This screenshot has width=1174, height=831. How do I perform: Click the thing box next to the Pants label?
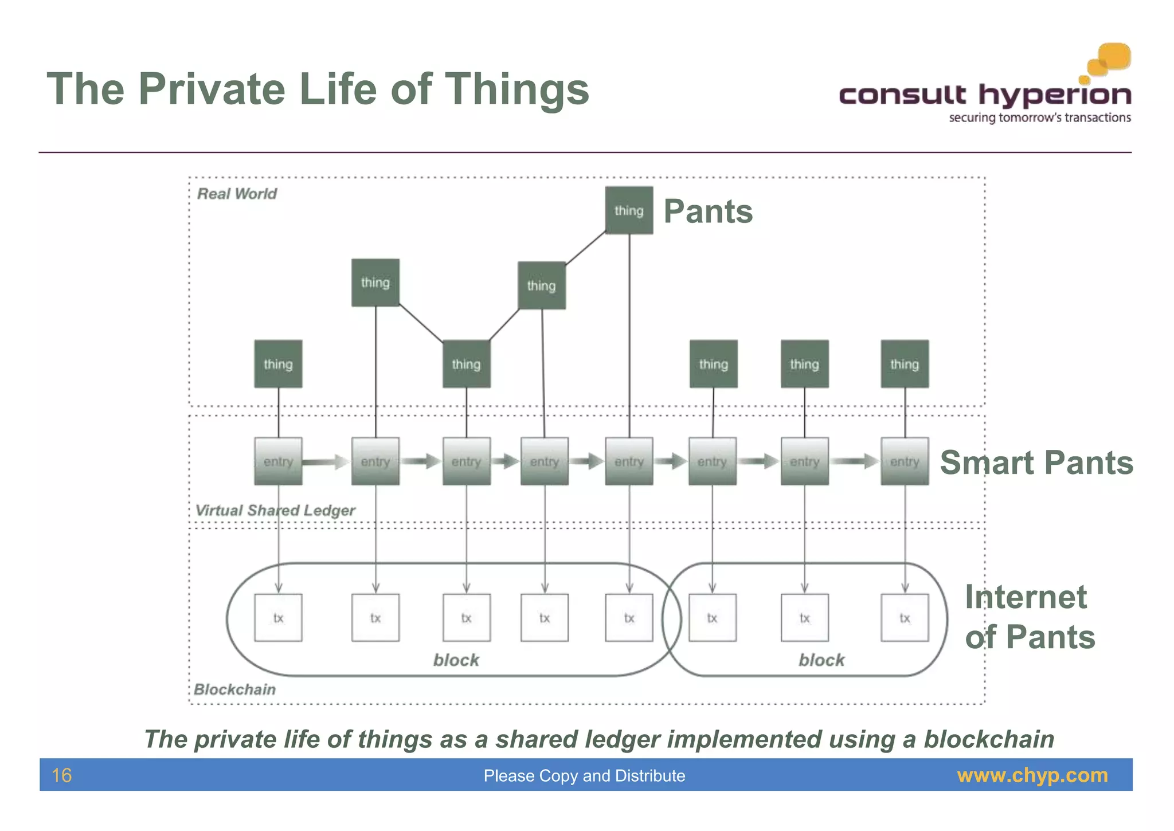[x=629, y=210]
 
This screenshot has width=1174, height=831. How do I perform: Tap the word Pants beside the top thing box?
[x=708, y=211]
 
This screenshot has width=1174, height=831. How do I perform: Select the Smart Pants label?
[x=1036, y=462]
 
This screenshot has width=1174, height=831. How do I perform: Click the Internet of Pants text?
[x=1030, y=617]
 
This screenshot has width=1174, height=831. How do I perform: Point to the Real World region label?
[x=237, y=194]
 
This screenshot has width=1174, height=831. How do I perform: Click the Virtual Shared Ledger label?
[x=275, y=510]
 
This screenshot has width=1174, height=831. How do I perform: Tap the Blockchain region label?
[x=235, y=689]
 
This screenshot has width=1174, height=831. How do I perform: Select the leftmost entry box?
[x=278, y=461]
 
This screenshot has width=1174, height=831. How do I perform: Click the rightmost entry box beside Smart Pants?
[x=905, y=461]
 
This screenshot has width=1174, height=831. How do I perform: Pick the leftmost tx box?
[x=278, y=618]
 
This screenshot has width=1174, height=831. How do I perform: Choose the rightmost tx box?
[x=905, y=618]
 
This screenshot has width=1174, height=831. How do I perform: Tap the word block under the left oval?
[x=456, y=660]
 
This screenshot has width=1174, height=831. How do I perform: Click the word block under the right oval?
[x=821, y=660]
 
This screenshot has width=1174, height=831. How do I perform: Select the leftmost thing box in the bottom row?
[x=278, y=364]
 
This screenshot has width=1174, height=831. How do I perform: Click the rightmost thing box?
[x=905, y=364]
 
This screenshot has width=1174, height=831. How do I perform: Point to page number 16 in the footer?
[x=62, y=775]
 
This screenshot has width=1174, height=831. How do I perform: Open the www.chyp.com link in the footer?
[x=1032, y=775]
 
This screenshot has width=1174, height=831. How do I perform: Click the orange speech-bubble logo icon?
[x=1109, y=60]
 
